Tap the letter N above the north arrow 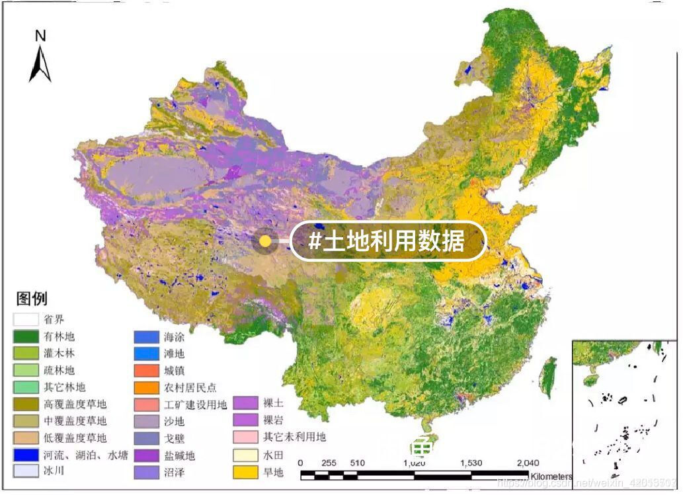pyautogui.click(x=40, y=36)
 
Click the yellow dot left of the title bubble pyautogui.click(x=265, y=241)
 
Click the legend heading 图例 pyautogui.click(x=32, y=299)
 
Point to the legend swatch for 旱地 pyautogui.click(x=247, y=472)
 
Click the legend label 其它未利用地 pyautogui.click(x=294, y=438)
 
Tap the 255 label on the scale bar pyautogui.click(x=329, y=463)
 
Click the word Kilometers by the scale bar pyautogui.click(x=550, y=476)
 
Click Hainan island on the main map pyautogui.click(x=423, y=444)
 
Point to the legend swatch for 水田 pyautogui.click(x=247, y=455)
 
